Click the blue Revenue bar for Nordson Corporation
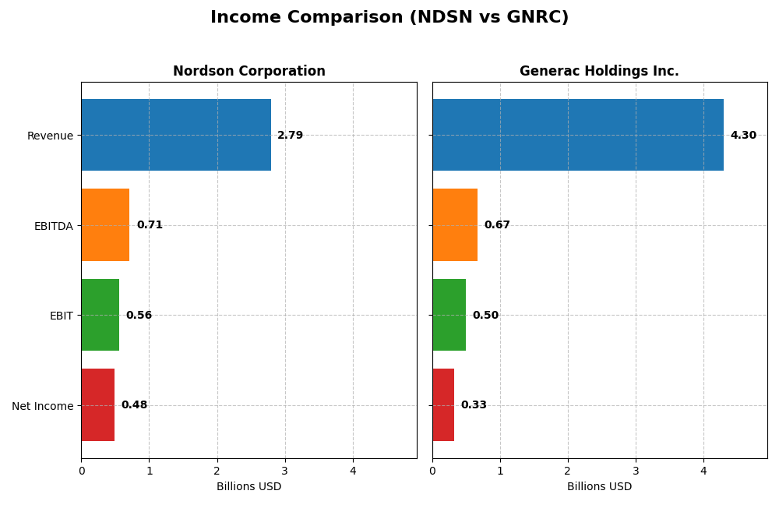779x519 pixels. pos(176,135)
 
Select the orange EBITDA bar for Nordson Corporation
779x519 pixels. pos(105,224)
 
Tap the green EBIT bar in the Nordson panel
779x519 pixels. pos(100,315)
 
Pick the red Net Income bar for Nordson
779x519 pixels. pos(98,405)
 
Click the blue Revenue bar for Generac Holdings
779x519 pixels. pos(578,135)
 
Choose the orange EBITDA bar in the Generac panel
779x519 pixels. pos(455,224)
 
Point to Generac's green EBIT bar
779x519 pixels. pos(449,315)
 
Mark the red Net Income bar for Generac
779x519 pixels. pos(443,405)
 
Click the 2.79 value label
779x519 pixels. pos(291,136)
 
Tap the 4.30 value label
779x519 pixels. pos(743,136)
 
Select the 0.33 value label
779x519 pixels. pos(474,405)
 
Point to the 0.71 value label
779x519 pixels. pos(150,225)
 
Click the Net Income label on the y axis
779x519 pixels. pos(42,406)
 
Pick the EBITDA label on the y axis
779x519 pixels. pos(53,226)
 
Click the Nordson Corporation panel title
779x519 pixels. pos(249,72)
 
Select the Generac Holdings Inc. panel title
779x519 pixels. pos(599,72)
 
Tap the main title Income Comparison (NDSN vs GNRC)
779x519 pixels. pos(389,18)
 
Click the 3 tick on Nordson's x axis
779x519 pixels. pos(285,471)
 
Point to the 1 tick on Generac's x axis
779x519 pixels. pos(500,471)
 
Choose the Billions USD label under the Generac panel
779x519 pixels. pos(599,487)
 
